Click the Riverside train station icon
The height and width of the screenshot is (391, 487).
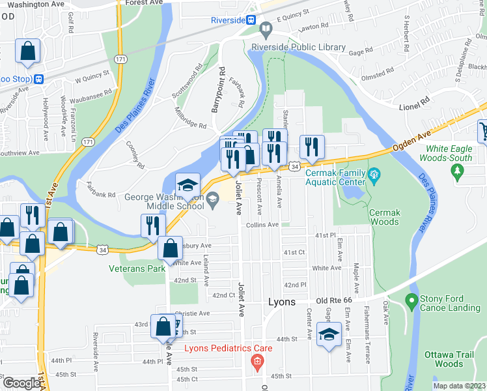pyautogui.click(x=251, y=20)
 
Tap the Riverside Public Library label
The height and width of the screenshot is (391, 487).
pyautogui.click(x=298, y=47)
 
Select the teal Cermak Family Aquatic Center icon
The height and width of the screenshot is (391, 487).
pyautogui.click(x=373, y=174)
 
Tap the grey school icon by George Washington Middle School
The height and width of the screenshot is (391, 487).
pyautogui.click(x=212, y=205)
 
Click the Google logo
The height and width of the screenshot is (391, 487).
pyautogui.click(x=21, y=383)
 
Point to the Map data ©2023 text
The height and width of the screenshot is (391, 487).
pyautogui.click(x=460, y=386)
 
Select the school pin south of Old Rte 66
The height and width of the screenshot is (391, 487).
pyautogui.click(x=329, y=335)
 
